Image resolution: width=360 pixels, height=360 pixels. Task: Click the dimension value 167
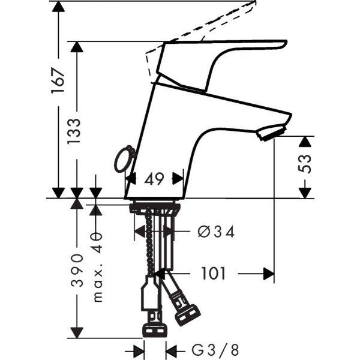58,79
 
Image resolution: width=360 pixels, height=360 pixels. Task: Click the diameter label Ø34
215,232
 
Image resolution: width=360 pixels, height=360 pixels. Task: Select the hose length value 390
77,270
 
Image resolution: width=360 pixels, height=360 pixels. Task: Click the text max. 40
97,266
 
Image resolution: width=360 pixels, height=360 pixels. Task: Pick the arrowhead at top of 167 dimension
58,7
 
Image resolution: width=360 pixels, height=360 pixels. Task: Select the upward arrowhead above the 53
305,142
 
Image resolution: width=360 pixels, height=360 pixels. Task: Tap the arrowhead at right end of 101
269,274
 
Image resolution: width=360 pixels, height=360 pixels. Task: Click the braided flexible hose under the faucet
151,252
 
